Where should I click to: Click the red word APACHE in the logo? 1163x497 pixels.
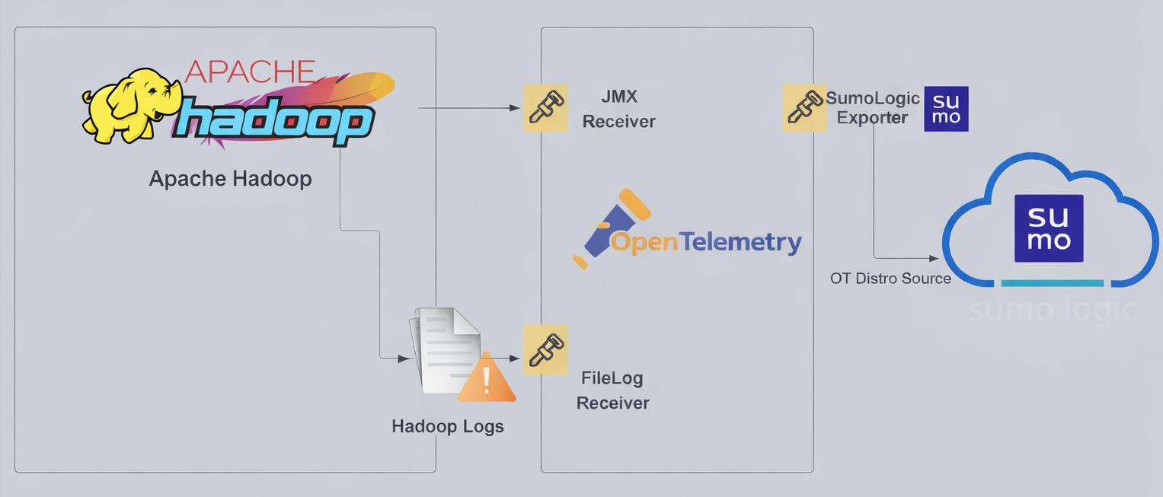coord(250,72)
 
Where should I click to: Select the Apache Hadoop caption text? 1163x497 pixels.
coord(230,179)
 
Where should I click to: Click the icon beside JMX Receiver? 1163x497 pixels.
coord(545,107)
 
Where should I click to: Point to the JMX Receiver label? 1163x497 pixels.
coord(618,109)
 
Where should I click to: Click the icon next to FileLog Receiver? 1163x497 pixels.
coord(545,349)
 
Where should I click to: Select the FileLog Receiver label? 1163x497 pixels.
coord(613,390)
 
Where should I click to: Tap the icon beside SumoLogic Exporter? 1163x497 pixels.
coord(804,107)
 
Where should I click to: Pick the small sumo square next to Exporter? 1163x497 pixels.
coord(946,109)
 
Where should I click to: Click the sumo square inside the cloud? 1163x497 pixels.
coord(1049,228)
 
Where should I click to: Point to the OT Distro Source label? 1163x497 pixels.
coord(890,279)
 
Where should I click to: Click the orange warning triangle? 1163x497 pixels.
coord(487,378)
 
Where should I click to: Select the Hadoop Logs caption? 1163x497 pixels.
coord(448,426)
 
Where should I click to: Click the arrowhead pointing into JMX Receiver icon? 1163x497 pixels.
coord(516,108)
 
